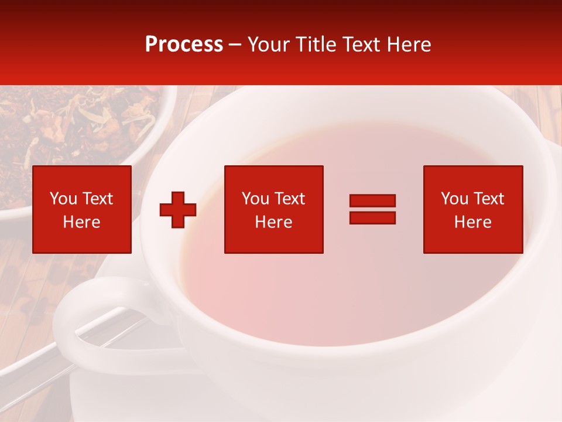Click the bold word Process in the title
(184, 45)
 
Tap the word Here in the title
(407, 45)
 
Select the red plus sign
(178, 210)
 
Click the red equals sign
(372, 209)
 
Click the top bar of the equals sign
(372, 201)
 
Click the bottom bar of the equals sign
(372, 217)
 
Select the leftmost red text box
(82, 209)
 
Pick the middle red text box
(273, 209)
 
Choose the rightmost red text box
(473, 209)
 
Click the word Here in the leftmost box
(81, 222)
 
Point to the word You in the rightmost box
(454, 199)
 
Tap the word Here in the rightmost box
(472, 222)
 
